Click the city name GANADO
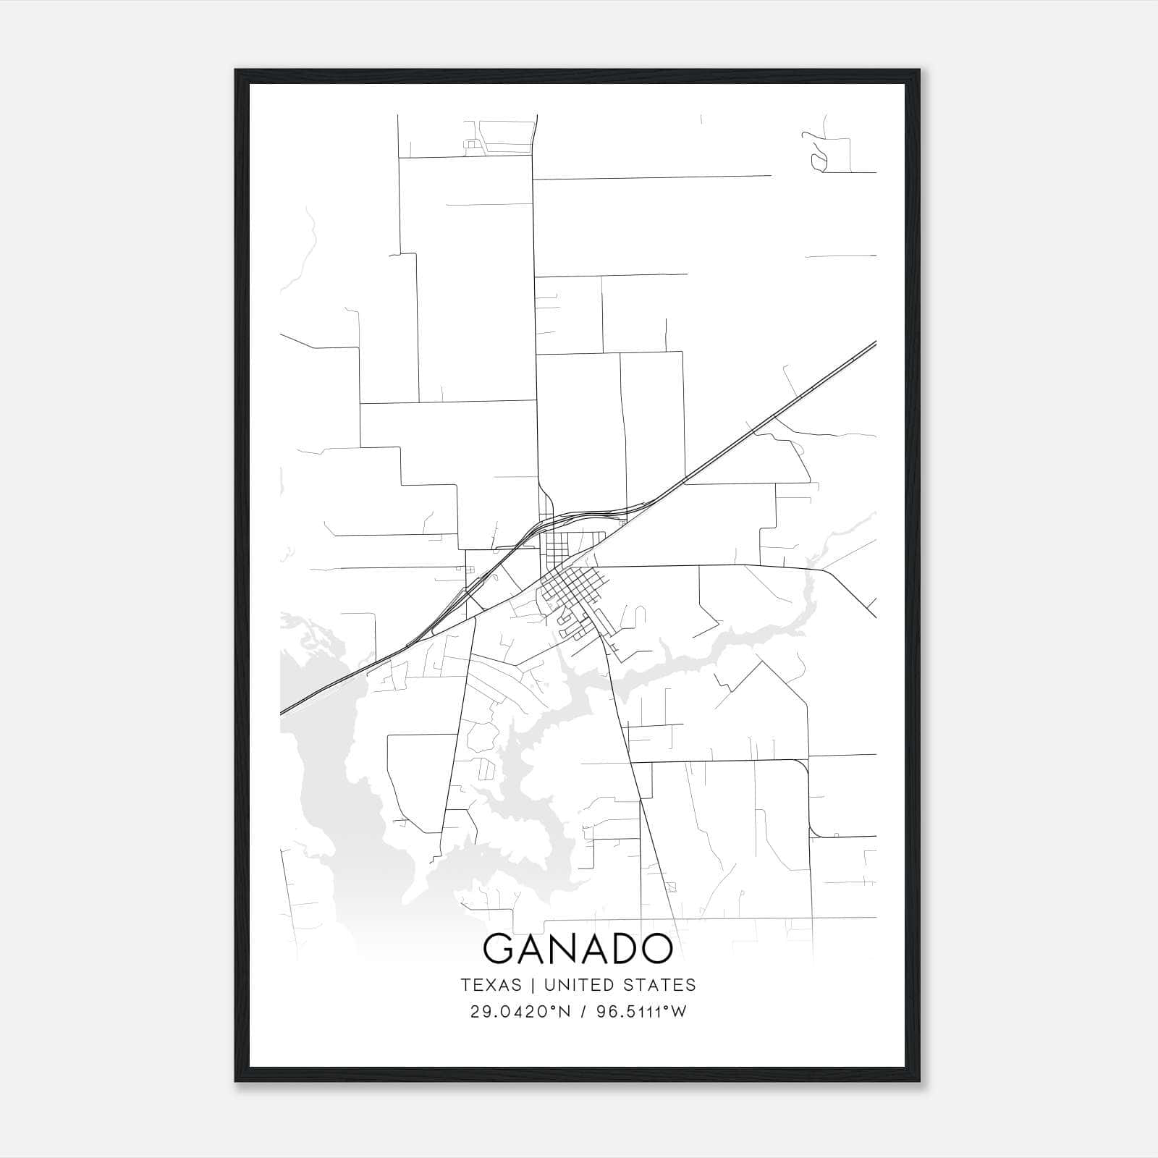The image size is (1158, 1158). point(578,949)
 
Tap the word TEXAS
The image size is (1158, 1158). point(491,985)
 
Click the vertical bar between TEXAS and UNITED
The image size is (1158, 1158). point(533,985)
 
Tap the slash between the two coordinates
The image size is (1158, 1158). point(581,1012)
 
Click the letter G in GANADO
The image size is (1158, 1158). point(499,949)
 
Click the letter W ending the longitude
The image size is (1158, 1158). point(679,1012)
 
